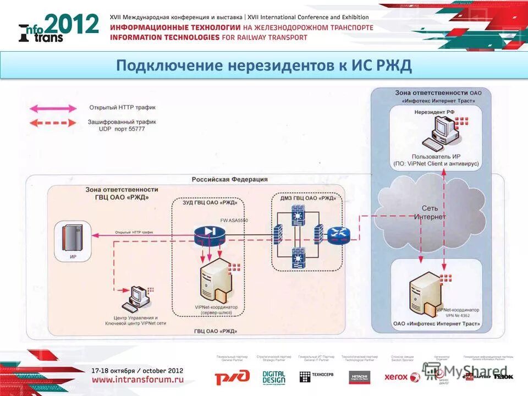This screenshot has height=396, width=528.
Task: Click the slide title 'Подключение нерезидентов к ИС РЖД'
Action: tap(264, 66)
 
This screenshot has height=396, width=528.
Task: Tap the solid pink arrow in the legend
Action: tap(53, 108)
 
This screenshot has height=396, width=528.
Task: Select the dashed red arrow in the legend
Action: tap(53, 124)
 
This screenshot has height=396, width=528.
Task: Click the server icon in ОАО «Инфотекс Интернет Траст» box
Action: tap(425, 290)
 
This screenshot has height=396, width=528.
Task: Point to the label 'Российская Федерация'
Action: tap(229, 179)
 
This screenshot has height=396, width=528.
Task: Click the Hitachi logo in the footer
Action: tap(359, 377)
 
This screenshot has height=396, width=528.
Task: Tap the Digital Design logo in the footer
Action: tap(273, 377)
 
